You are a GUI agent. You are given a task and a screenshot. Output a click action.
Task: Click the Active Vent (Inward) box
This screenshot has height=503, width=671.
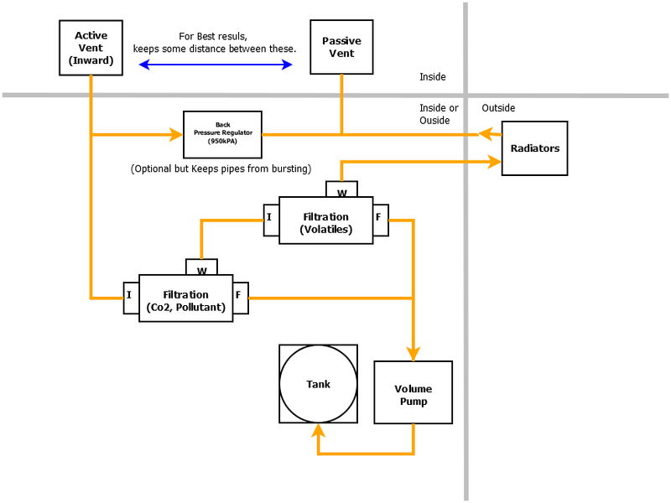[x=91, y=47]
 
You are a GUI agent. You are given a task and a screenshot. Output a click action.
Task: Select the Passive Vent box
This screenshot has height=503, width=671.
[x=341, y=47]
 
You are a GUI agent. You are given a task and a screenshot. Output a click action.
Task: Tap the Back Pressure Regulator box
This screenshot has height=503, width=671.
[x=222, y=134]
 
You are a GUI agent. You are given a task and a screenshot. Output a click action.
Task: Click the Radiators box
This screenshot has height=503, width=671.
[x=534, y=148]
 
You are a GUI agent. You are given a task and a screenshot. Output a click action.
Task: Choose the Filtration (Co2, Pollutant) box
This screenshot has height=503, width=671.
[x=185, y=298]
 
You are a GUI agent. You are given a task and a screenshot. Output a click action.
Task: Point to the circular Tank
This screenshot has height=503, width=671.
[x=318, y=384]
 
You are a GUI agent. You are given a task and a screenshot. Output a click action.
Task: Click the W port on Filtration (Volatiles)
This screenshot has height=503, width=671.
[x=341, y=191]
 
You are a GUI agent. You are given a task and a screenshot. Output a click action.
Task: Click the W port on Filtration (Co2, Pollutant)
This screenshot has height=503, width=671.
[x=201, y=269]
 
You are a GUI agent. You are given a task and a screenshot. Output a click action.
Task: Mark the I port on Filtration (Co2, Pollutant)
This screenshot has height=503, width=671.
[x=130, y=296]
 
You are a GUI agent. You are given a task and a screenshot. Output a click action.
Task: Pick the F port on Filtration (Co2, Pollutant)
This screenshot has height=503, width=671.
[x=240, y=296]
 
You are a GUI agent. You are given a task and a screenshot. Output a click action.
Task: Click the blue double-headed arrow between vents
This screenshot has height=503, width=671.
[x=216, y=65]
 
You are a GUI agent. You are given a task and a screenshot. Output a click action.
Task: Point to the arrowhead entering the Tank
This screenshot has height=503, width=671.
[x=318, y=431]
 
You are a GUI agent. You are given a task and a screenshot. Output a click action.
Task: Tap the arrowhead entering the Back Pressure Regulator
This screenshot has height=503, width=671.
[x=176, y=134]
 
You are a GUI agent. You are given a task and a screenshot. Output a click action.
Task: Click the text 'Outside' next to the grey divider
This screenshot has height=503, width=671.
[x=498, y=108]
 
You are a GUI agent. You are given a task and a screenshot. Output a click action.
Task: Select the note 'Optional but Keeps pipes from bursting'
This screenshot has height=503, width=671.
[x=221, y=169]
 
